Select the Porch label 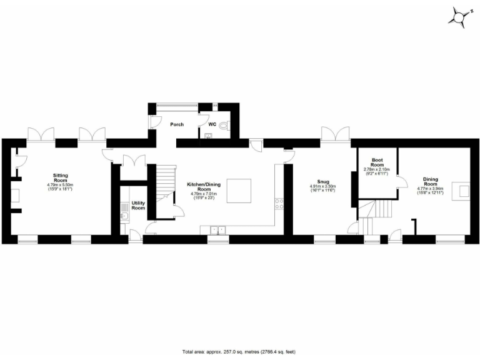pos(177,124)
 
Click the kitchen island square pos(239,190)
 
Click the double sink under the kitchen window pos(217,229)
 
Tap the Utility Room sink pos(124,217)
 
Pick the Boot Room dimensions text pos(376,170)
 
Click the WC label pos(212,124)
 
